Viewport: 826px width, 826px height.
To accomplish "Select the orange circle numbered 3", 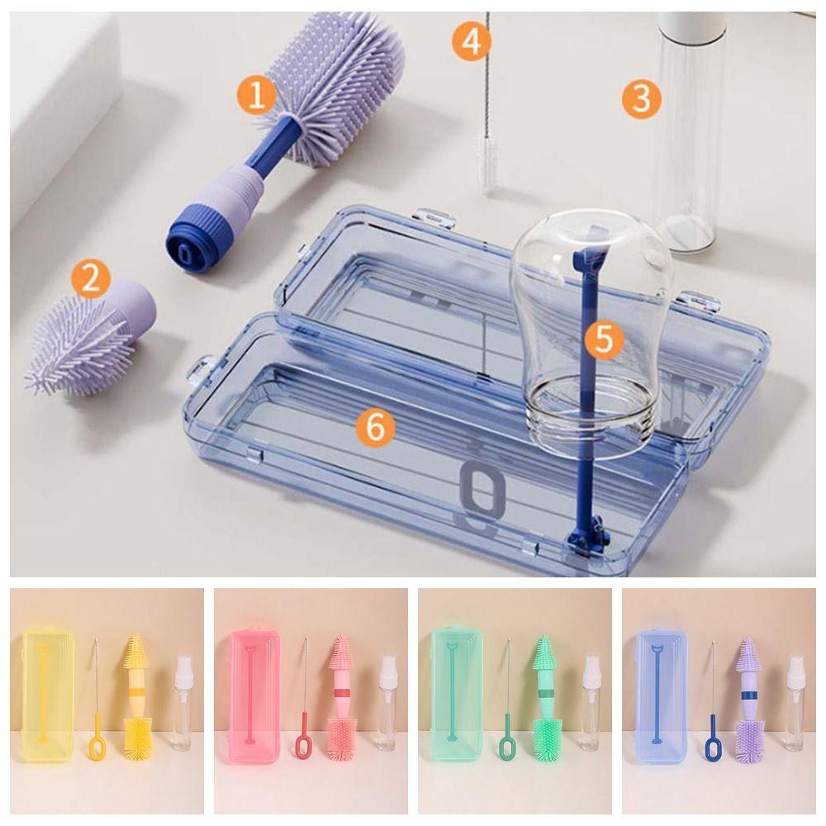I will pos(641,99).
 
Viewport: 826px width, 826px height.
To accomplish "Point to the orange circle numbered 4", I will pos(471,41).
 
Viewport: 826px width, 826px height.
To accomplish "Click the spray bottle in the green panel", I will pos(591,702).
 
